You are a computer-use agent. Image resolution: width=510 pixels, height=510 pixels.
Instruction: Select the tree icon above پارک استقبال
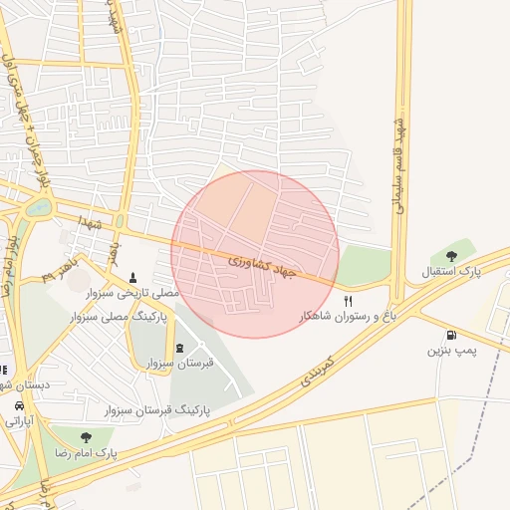pyautogui.click(x=465, y=255)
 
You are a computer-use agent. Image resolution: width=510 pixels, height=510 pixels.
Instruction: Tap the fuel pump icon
pyautogui.click(x=453, y=336)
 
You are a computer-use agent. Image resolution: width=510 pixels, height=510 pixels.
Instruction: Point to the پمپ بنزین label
pyautogui.click(x=452, y=352)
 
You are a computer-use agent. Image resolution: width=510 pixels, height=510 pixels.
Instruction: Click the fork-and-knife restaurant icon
pyautogui.click(x=348, y=300)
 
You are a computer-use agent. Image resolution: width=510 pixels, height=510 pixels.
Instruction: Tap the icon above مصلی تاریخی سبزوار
pyautogui.click(x=134, y=276)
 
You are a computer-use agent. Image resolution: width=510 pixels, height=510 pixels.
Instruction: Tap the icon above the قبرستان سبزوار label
pyautogui.click(x=179, y=347)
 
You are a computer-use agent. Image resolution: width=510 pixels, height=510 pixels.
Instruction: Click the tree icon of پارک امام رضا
pyautogui.click(x=87, y=436)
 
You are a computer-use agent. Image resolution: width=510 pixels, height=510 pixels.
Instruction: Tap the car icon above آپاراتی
pyautogui.click(x=20, y=406)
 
